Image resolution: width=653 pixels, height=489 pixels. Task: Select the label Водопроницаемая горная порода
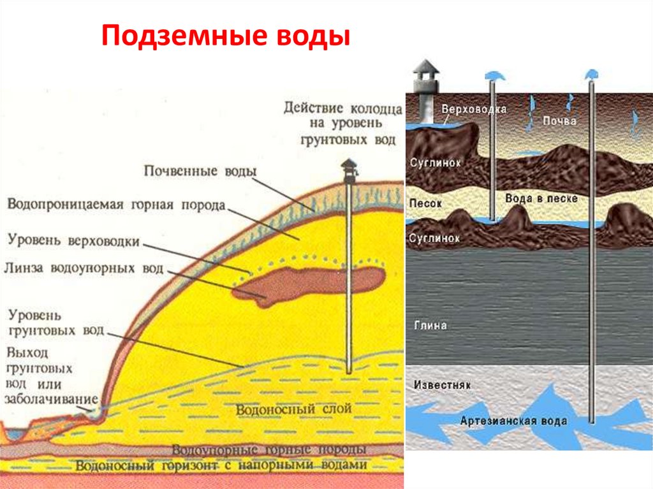(x=116, y=205)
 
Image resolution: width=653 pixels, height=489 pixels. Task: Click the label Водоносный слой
(x=293, y=409)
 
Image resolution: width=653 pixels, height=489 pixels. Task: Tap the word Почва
(x=560, y=120)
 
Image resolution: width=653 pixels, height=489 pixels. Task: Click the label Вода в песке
(x=541, y=199)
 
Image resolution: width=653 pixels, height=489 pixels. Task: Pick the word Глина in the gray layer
(x=430, y=325)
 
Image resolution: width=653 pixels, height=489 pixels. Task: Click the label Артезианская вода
(x=513, y=421)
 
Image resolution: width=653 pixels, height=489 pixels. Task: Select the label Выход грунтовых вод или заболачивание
(x=41, y=376)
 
